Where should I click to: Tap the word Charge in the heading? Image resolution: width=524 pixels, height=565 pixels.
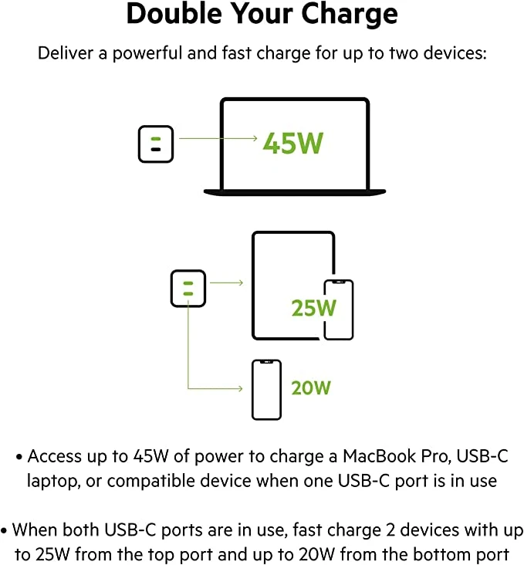352,14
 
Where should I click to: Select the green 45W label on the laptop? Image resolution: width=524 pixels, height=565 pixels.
292,143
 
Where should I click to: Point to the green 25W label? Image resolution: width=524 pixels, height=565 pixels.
314,308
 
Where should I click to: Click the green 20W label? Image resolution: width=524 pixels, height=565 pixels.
310,387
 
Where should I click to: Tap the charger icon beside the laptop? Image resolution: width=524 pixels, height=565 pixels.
156,144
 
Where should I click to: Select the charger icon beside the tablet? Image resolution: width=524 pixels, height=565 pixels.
188,288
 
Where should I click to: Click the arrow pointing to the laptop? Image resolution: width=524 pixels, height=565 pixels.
218,139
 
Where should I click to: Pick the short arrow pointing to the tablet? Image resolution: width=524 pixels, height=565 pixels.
226,282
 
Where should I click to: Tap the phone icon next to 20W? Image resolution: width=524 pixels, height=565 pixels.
266,389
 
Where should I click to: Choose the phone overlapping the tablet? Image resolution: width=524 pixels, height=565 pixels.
338,310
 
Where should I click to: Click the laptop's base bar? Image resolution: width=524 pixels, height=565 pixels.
294,191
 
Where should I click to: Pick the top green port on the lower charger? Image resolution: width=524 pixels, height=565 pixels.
187,284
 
